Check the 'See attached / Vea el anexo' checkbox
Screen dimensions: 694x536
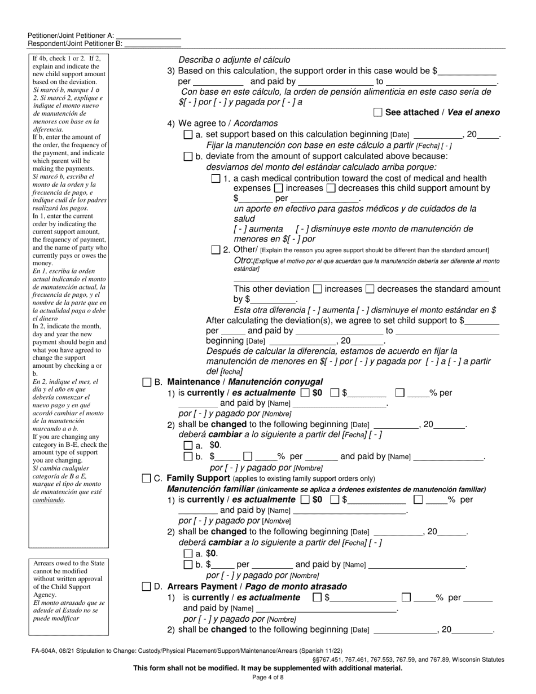click(x=378, y=112)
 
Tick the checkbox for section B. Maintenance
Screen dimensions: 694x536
click(x=147, y=382)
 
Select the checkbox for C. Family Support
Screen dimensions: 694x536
click(x=147, y=478)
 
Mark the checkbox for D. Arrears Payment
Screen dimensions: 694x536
click(x=147, y=587)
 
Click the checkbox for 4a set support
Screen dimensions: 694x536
click(x=188, y=135)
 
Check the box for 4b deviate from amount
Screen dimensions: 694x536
click(x=188, y=156)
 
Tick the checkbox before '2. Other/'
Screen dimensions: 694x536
click(x=216, y=250)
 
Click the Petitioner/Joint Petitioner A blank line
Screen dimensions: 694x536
click(x=148, y=35)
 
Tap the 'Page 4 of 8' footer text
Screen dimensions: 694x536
click(x=268, y=678)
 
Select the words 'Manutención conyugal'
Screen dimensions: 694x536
click(x=287, y=382)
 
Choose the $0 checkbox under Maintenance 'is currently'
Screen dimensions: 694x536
click(x=305, y=393)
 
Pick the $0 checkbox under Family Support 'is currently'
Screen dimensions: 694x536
click(x=305, y=499)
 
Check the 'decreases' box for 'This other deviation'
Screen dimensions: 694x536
click(x=370, y=289)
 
